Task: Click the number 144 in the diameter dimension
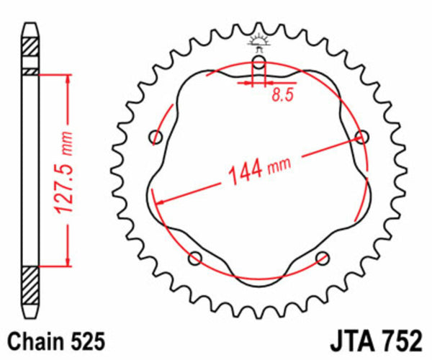tap(245, 173)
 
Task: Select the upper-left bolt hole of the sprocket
tap(153, 137)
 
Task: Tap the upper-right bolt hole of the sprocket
tap(363, 136)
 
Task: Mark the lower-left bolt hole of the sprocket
tap(193, 258)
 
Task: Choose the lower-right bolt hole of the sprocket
tap(322, 257)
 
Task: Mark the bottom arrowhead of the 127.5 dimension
tap(67, 264)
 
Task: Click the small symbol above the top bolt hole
tap(258, 41)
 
